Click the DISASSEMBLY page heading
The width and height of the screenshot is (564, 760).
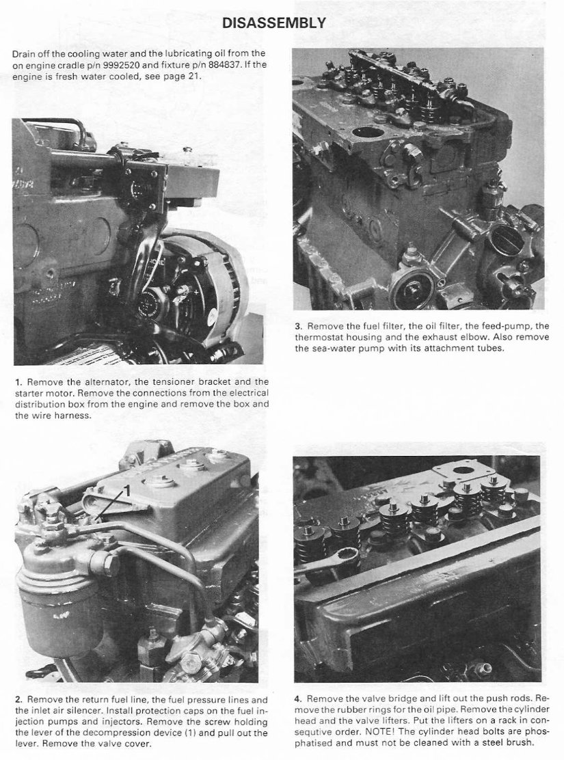[274, 23]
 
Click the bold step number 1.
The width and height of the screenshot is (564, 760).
[16, 381]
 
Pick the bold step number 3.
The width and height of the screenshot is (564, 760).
[298, 327]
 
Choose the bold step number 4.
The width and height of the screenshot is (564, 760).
[298, 699]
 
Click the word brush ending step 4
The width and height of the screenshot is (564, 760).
[520, 743]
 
